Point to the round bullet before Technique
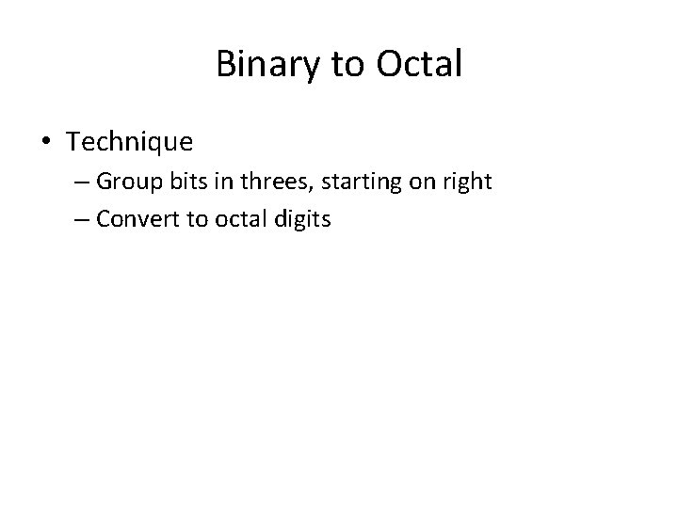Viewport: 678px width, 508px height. click(x=46, y=143)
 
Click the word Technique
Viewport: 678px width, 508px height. click(x=130, y=142)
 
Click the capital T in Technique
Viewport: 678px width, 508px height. click(x=73, y=142)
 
